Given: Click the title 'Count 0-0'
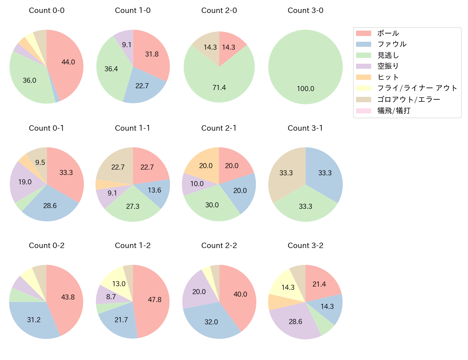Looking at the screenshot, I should tap(47, 10).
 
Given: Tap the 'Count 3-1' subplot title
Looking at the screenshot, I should tap(305, 128).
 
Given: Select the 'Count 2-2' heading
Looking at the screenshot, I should tap(219, 246).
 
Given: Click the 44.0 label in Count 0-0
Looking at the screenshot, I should tap(68, 62).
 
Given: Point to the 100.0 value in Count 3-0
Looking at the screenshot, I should tap(305, 89).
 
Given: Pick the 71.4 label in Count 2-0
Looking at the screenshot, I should tap(219, 87).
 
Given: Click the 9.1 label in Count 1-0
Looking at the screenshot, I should tap(127, 45).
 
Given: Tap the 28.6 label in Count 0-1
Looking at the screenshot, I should tap(50, 206).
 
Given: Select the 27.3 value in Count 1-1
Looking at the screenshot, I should tap(132, 206).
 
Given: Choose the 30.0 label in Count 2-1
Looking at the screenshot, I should tap(212, 205).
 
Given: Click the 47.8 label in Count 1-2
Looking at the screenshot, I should tap(154, 300).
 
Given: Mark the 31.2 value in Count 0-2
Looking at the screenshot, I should tap(34, 320).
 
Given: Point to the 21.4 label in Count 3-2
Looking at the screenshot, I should tap(319, 284).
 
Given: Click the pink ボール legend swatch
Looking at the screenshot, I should tap(363, 33).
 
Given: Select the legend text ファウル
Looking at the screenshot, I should tap(392, 44).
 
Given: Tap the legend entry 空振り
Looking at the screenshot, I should tap(388, 66).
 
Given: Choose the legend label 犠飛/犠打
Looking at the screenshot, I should tap(393, 111).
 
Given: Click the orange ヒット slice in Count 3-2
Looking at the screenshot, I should tap(274, 302).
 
